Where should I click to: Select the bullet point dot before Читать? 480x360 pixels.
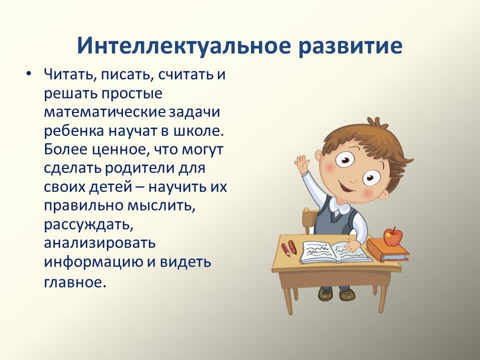[29, 74]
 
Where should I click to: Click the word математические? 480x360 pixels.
[105, 112]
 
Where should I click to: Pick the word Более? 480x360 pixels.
[65, 149]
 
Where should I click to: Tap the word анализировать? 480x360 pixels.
[100, 243]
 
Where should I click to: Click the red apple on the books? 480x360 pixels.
[393, 236]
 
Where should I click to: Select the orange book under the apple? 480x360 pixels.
[387, 249]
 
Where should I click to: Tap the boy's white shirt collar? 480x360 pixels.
[338, 209]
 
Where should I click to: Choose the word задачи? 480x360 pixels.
[194, 112]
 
